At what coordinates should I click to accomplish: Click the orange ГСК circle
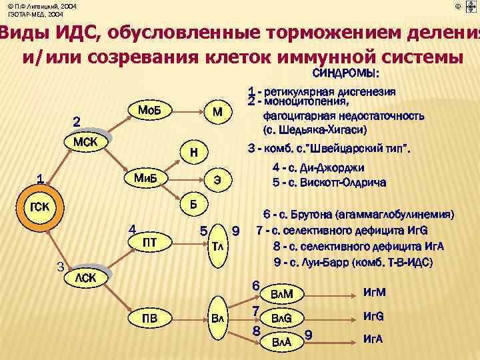pyautogui.click(x=41, y=206)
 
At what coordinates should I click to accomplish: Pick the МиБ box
pyautogui.click(x=146, y=179)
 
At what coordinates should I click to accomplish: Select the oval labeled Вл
pyautogui.click(x=217, y=317)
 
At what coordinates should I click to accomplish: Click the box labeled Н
pyautogui.click(x=193, y=153)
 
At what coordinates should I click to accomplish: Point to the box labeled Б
pyautogui.click(x=193, y=205)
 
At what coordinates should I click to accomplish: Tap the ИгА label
pyautogui.click(x=372, y=339)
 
